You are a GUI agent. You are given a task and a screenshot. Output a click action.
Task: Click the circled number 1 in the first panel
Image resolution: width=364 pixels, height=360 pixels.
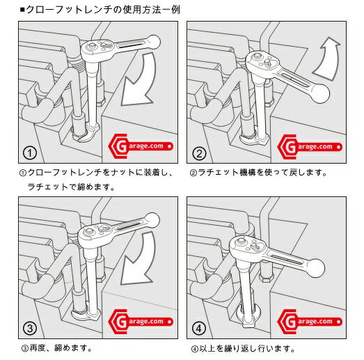[x=30, y=153]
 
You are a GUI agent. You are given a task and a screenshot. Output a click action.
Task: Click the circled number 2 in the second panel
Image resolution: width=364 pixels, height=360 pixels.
[x=199, y=153]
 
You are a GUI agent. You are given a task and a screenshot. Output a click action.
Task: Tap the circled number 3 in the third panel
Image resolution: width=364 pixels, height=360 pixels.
[x=30, y=328]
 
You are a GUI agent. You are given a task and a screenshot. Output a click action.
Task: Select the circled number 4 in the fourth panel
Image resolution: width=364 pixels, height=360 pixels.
[x=199, y=328]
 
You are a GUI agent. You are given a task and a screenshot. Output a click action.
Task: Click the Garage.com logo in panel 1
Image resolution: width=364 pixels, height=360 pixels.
[x=141, y=146]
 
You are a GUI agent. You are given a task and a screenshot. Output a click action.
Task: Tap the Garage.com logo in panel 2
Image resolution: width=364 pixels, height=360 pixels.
[x=310, y=147]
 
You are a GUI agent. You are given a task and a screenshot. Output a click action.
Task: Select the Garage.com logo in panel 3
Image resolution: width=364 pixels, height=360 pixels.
[x=141, y=322]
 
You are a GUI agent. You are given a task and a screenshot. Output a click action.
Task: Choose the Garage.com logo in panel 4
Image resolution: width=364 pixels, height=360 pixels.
[x=310, y=322]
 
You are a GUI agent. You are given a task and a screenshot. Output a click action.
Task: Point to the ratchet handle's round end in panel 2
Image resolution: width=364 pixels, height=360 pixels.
[x=320, y=93]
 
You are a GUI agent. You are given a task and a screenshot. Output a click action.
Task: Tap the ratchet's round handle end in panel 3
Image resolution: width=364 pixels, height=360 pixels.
[x=152, y=219]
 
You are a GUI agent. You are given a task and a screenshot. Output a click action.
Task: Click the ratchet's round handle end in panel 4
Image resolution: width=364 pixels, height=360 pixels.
[x=315, y=268]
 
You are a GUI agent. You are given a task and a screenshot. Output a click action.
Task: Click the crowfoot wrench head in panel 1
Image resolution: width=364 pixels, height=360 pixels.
[x=88, y=134]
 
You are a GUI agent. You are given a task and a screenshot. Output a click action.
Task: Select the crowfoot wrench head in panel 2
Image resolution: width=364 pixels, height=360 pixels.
[x=254, y=139]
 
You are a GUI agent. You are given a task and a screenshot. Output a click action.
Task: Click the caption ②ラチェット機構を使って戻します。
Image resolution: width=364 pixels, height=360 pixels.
[x=258, y=173]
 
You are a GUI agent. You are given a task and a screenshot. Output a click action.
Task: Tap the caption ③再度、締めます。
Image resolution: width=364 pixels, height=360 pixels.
[x=56, y=348]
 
